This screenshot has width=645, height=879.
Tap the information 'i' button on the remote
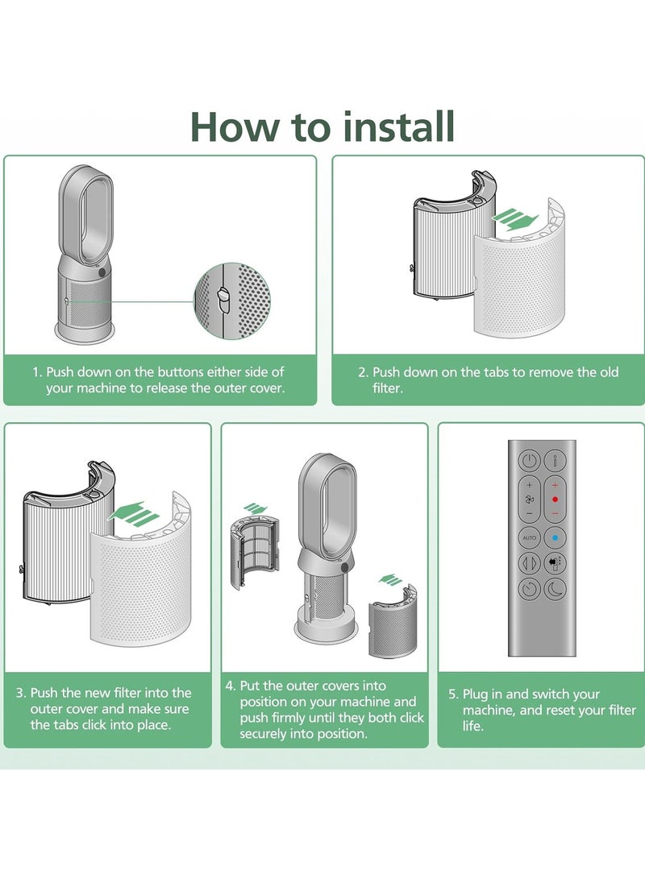point(555,462)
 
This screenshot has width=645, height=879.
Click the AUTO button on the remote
point(530,537)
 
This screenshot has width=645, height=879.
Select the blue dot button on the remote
point(555,537)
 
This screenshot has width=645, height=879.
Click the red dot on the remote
point(555,499)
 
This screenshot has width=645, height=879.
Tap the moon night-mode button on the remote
point(555,588)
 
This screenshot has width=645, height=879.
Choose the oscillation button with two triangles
point(530,563)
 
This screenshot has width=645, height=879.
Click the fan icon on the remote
point(530,499)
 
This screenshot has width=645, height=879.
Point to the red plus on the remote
point(555,485)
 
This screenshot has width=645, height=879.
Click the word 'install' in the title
point(399,126)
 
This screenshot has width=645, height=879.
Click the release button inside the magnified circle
point(223,300)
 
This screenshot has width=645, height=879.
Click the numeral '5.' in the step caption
point(453,694)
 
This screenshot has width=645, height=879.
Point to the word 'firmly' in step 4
point(290,718)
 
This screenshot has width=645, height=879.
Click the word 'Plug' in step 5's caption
point(475,694)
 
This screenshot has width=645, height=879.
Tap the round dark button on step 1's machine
point(102,272)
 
